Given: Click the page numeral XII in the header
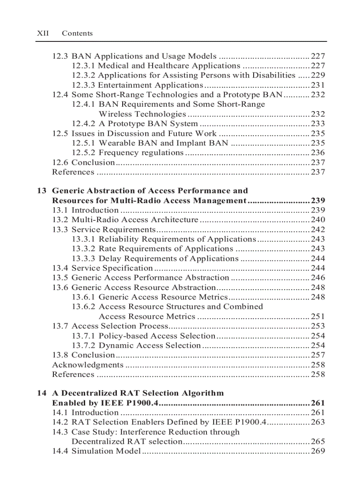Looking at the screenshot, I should (43, 33).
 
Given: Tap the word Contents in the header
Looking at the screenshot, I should (77, 33).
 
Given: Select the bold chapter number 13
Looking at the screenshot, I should (41, 191).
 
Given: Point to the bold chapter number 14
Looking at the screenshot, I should (41, 393).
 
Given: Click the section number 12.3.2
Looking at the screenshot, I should (83, 75).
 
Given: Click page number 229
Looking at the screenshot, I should (318, 75).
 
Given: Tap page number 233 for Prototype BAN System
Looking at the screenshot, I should (318, 124).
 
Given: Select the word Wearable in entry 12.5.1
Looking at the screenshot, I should (115, 143).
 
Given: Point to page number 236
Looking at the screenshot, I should (318, 153).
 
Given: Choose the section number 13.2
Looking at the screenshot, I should (60, 220).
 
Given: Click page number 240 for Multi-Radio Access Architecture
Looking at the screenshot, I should (318, 220).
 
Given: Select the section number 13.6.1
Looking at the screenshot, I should (83, 297).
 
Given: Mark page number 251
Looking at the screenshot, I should (318, 316).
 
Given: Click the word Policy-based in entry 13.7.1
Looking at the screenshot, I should (123, 336).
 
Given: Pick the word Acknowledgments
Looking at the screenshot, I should (87, 365).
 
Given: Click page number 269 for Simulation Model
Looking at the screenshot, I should (318, 451).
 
